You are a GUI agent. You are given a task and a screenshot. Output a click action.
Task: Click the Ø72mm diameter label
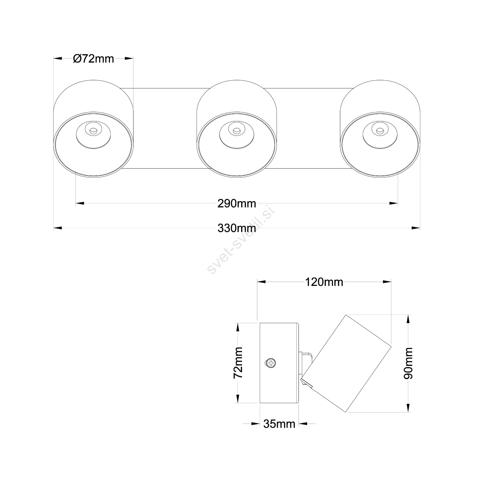(x=93, y=59)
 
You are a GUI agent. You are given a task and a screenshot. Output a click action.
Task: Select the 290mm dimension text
(x=237, y=204)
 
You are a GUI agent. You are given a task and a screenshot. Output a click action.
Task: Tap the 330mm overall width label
(x=237, y=228)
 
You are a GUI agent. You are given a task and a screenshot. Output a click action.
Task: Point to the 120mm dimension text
(x=324, y=282)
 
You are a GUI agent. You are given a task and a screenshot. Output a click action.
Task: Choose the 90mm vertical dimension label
(x=408, y=363)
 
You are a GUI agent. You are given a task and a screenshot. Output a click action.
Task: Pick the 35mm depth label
(x=279, y=424)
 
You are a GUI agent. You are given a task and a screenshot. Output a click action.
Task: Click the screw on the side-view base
(x=271, y=363)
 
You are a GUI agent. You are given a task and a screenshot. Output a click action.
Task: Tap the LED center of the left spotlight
(x=93, y=131)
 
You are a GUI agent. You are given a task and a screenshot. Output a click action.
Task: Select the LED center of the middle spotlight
(x=236, y=131)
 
